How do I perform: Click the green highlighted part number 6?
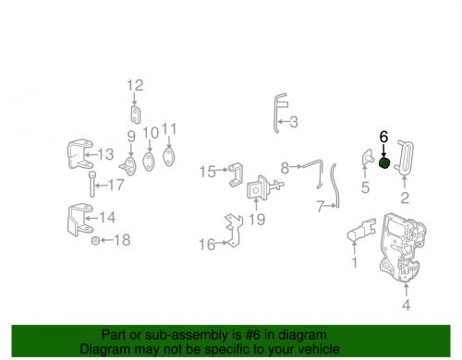384,163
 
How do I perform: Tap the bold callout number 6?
383,137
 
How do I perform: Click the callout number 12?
135,85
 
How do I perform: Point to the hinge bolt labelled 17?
91,184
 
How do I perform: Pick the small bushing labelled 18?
95,240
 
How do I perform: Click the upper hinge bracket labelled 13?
80,154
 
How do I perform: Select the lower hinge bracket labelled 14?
80,220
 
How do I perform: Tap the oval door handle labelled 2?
405,158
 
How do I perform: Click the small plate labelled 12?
135,114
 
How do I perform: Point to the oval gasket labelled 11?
169,156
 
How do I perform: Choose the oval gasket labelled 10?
149,161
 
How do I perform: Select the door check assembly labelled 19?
261,187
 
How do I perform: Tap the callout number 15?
208,172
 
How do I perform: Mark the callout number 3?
294,122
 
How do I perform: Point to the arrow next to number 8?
296,166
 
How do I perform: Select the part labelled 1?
362,229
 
